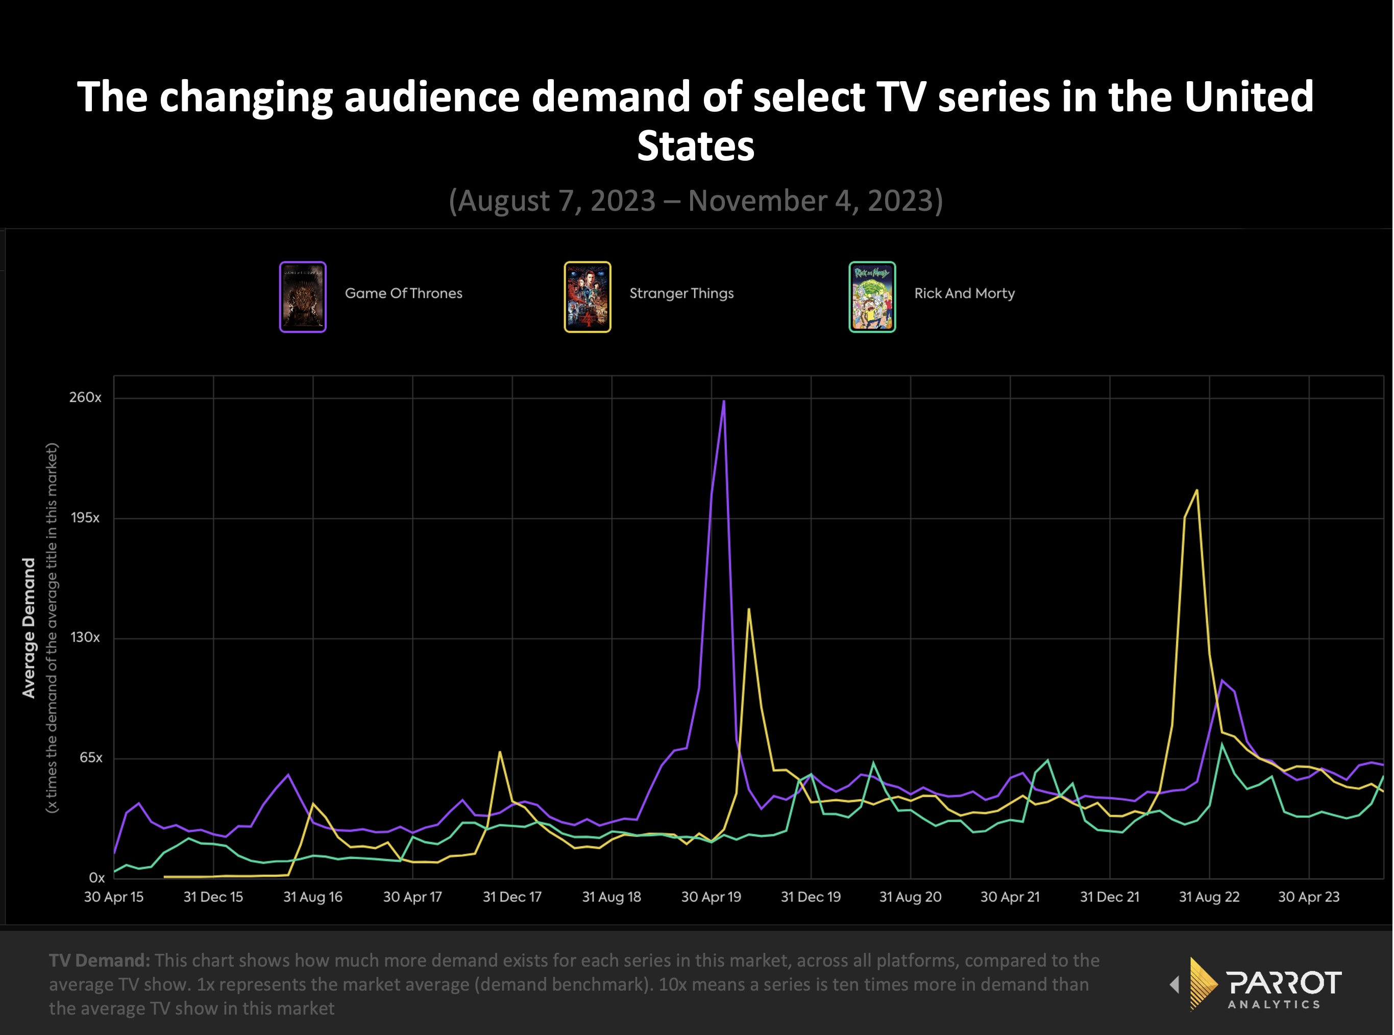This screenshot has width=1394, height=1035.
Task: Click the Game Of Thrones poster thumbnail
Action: click(x=303, y=297)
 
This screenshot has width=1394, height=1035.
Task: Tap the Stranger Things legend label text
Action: click(x=681, y=293)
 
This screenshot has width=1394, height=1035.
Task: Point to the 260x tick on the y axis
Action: click(x=85, y=397)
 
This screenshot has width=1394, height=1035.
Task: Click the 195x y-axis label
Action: click(x=85, y=517)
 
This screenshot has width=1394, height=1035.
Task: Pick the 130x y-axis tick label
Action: click(x=85, y=637)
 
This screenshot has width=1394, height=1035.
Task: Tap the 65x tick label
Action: click(x=91, y=757)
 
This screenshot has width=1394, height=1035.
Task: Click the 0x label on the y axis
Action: click(x=96, y=878)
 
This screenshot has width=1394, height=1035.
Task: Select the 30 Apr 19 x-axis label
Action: click(x=711, y=897)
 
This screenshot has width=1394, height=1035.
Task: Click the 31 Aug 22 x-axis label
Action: click(x=1209, y=897)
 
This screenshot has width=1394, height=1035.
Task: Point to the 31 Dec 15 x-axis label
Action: click(x=213, y=897)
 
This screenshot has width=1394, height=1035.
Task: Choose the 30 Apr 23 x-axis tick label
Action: click(x=1309, y=897)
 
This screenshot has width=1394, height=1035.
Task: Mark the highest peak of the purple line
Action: click(x=724, y=402)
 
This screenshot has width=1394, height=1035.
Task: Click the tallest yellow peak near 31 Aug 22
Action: click(x=1197, y=490)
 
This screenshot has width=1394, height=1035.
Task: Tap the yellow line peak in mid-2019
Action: click(x=749, y=609)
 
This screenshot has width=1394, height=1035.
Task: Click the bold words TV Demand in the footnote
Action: click(x=99, y=960)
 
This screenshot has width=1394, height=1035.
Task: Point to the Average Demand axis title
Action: click(x=28, y=628)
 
